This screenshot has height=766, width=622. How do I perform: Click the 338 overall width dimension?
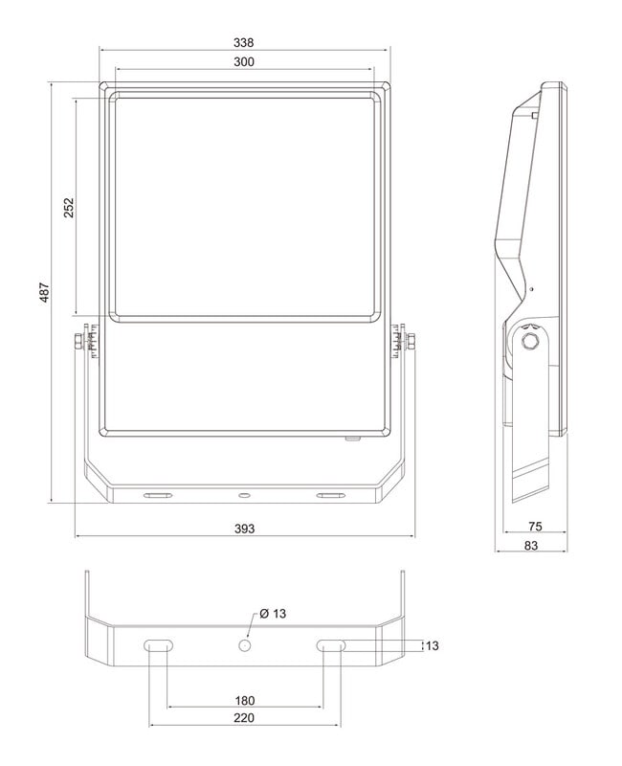click(x=243, y=43)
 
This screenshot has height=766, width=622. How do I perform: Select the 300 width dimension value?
click(x=244, y=62)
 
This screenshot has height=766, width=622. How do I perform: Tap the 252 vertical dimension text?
click(x=69, y=208)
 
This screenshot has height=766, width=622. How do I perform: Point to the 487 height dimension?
click(x=44, y=292)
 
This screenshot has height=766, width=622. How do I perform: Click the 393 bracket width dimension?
click(x=245, y=529)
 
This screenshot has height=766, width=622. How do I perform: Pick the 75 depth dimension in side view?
click(x=535, y=526)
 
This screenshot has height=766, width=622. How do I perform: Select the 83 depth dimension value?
click(x=531, y=546)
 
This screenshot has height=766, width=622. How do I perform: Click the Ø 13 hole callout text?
click(x=273, y=614)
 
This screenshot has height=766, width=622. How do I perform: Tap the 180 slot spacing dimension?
click(x=245, y=701)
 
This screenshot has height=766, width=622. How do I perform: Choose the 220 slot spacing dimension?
click(x=244, y=717)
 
